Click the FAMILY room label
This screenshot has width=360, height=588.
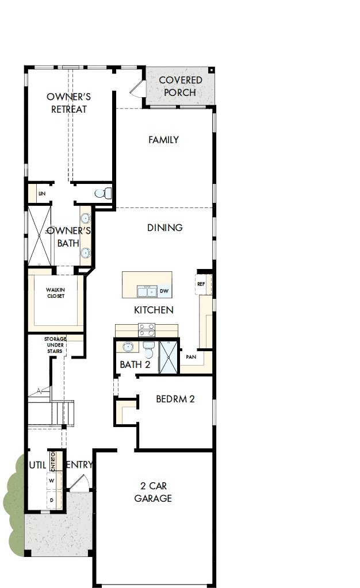pyautogui.click(x=163, y=140)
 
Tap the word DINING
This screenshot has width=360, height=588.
pyautogui.click(x=165, y=228)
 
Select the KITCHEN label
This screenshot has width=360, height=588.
pyautogui.click(x=154, y=310)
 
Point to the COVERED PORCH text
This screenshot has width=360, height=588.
pyautogui.click(x=180, y=86)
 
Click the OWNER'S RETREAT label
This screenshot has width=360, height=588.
pyautogui.click(x=69, y=103)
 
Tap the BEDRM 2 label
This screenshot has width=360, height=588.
pyautogui.click(x=175, y=399)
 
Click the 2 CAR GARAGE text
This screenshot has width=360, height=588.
pyautogui.click(x=153, y=493)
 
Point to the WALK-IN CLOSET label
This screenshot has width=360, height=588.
pyautogui.click(x=56, y=293)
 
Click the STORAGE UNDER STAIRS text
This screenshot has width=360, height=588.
pyautogui.click(x=56, y=345)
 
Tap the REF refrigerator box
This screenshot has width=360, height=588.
pyautogui.click(x=201, y=284)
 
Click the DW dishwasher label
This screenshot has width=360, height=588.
pyautogui.click(x=164, y=291)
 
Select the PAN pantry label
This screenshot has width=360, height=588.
pyautogui.click(x=191, y=357)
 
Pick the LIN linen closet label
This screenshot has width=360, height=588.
pyautogui.click(x=41, y=194)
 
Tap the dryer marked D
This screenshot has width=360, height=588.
pyautogui.click(x=52, y=501)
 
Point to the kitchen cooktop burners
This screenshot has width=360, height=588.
pyautogui.click(x=147, y=329)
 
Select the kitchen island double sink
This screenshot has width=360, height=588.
pyautogui.click(x=146, y=291)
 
